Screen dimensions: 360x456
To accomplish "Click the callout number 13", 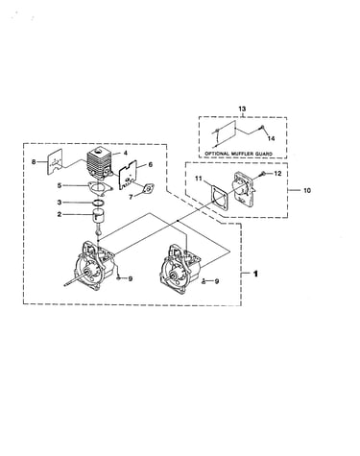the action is (x=242, y=108).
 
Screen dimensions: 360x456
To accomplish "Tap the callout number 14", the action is (x=271, y=138).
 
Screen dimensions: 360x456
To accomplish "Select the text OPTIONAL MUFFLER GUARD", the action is (x=238, y=154).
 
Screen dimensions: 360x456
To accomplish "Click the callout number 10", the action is (x=307, y=190).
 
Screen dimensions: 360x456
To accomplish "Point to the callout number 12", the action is (x=277, y=173).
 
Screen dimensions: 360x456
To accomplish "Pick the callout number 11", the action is (x=199, y=179).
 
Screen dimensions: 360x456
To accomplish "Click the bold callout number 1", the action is (x=255, y=274).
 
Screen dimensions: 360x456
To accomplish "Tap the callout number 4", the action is (x=126, y=154).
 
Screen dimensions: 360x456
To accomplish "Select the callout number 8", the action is (x=34, y=162).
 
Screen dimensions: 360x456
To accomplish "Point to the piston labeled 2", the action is (x=100, y=215).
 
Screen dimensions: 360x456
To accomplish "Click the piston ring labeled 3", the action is (x=99, y=203).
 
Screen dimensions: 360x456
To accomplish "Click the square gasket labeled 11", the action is (x=219, y=199).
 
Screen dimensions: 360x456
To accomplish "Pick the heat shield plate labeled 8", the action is (x=55, y=162).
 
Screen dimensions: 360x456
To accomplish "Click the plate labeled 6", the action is (x=128, y=176).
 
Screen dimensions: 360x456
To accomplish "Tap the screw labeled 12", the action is (x=262, y=173).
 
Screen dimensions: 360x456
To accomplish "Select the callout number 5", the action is (x=60, y=185).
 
